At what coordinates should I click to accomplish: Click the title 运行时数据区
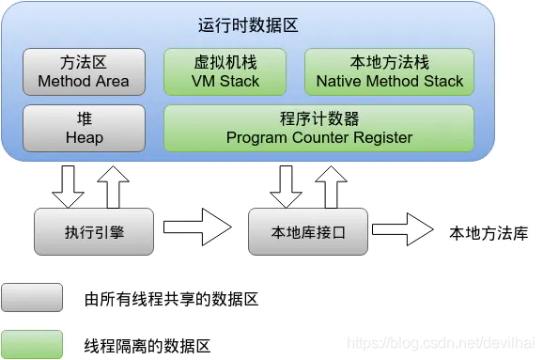[249, 25]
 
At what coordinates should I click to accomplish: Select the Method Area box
[84, 72]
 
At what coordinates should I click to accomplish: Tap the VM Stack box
[226, 72]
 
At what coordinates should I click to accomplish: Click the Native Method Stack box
[389, 72]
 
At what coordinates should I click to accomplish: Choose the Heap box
[84, 128]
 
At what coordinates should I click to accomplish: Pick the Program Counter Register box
[318, 128]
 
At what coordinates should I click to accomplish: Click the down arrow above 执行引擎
[68, 187]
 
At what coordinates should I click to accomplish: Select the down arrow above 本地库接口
[285, 187]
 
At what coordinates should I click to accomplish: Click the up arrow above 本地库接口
[331, 187]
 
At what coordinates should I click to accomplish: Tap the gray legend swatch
[32, 299]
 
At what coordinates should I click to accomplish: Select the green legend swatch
[32, 344]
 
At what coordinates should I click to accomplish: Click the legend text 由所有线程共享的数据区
[171, 300]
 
